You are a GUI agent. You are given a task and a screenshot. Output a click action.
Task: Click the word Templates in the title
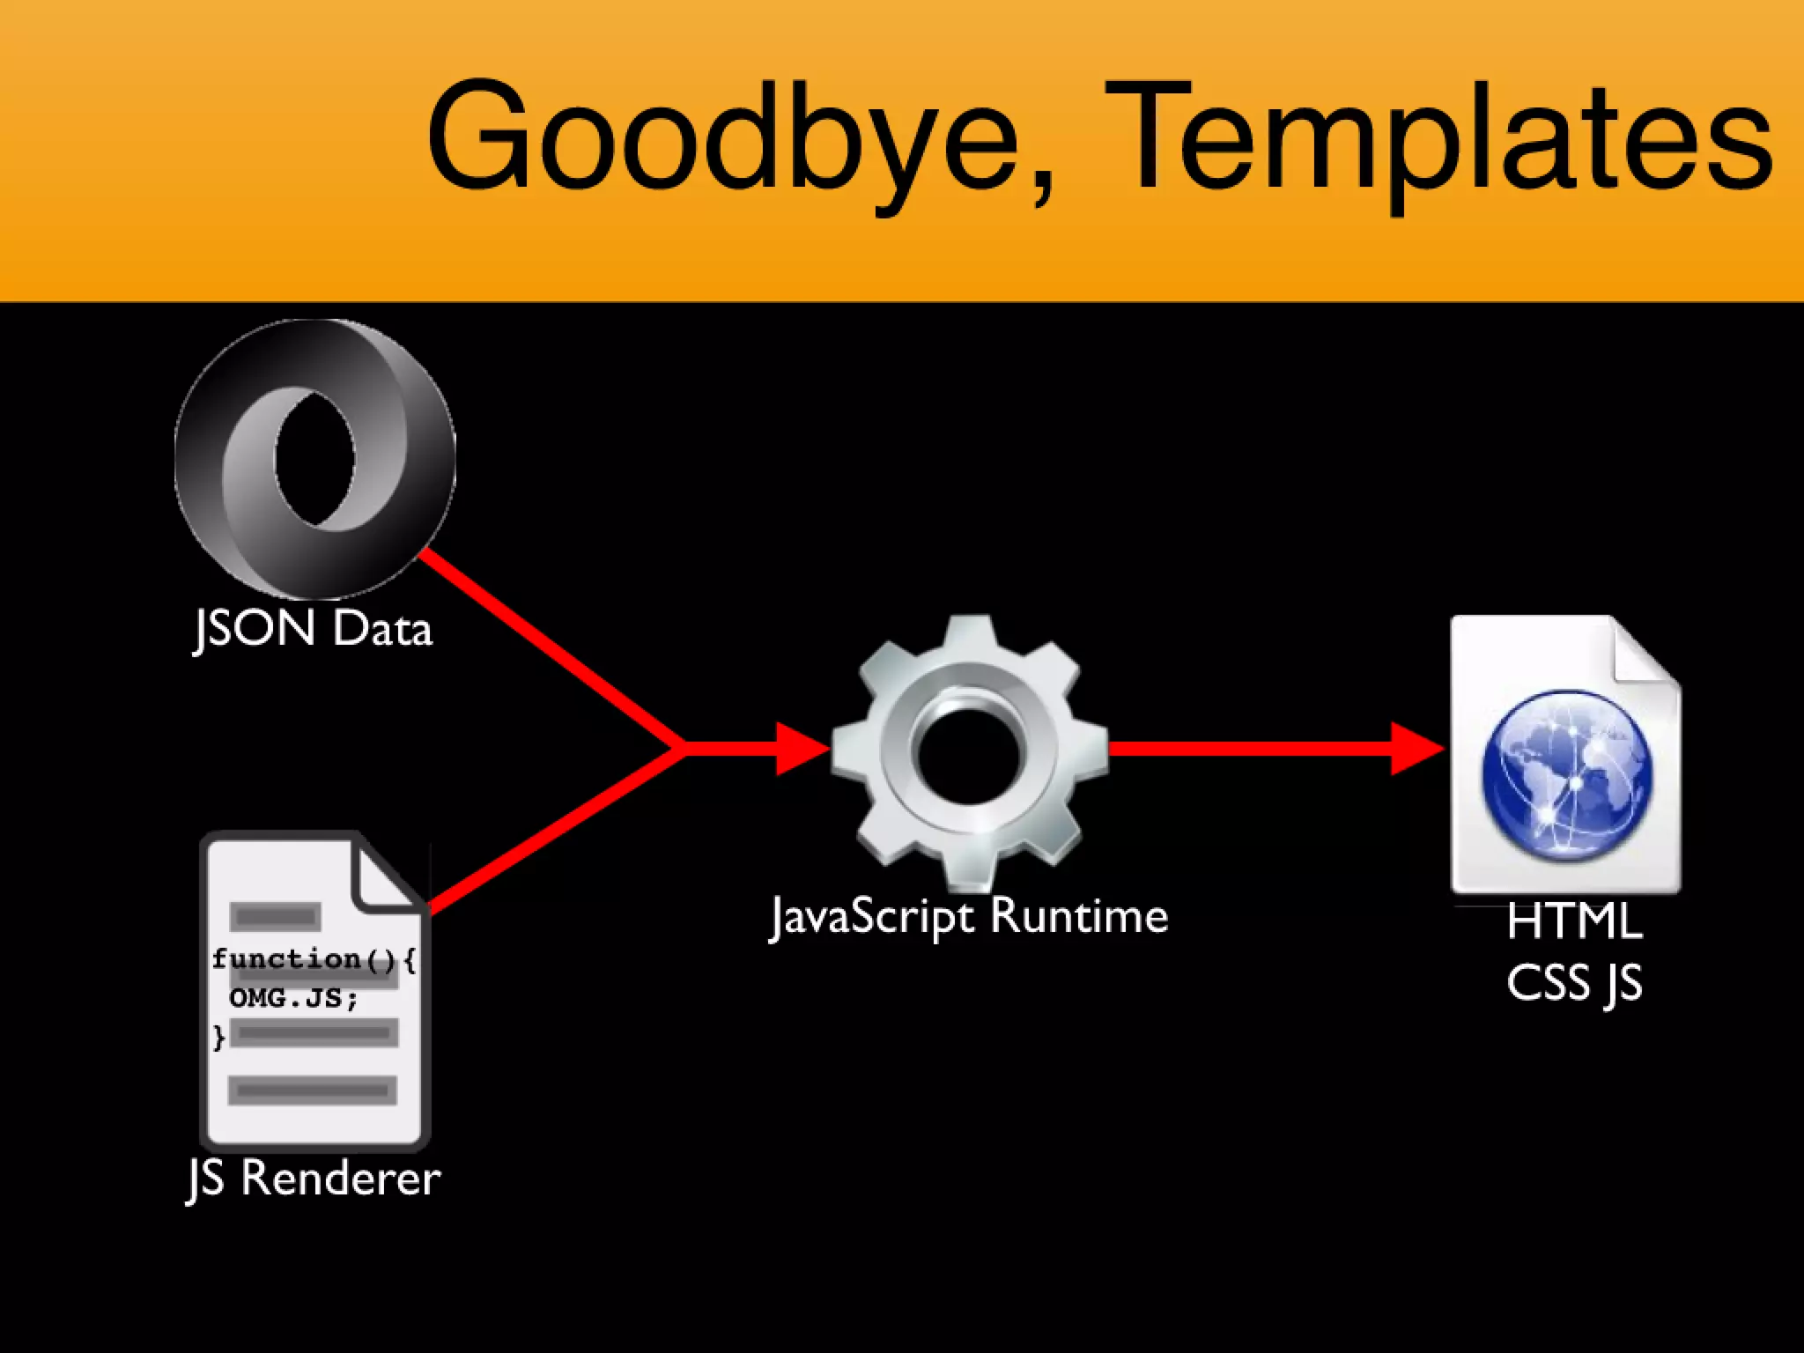click(1436, 137)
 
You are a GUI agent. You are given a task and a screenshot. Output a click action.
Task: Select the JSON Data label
click(313, 630)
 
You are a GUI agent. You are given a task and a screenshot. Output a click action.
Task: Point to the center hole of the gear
click(969, 753)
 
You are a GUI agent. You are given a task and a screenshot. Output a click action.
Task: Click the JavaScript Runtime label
click(969, 916)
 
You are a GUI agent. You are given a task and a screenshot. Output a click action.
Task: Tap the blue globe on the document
click(1568, 775)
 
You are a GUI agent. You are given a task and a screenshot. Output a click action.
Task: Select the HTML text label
click(1574, 922)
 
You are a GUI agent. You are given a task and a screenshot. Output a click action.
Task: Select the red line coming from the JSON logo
click(546, 647)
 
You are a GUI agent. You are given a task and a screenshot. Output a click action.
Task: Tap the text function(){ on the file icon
click(313, 958)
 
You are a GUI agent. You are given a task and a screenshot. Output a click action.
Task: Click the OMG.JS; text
click(293, 998)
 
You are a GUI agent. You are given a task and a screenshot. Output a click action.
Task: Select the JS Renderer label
click(314, 1178)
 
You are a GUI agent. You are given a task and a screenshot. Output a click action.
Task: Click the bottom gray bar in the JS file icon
click(313, 1091)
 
